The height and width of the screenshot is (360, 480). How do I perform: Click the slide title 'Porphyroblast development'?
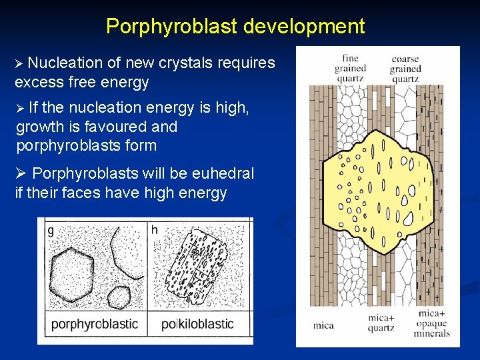coord(235,26)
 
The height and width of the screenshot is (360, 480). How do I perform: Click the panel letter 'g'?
coord(51,231)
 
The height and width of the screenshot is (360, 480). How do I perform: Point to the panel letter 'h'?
coord(155,230)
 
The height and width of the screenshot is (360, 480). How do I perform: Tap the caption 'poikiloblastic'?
coord(197,325)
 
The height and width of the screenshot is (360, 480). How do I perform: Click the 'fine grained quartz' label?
coord(351,68)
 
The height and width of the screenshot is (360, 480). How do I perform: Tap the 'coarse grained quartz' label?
coord(405,69)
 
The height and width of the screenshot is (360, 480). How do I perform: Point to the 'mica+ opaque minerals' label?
coord(432,323)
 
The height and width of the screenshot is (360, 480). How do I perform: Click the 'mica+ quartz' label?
coord(381,323)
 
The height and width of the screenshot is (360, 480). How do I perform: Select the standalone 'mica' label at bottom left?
coord(323,326)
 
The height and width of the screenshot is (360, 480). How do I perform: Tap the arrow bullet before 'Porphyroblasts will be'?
coord(20,174)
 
